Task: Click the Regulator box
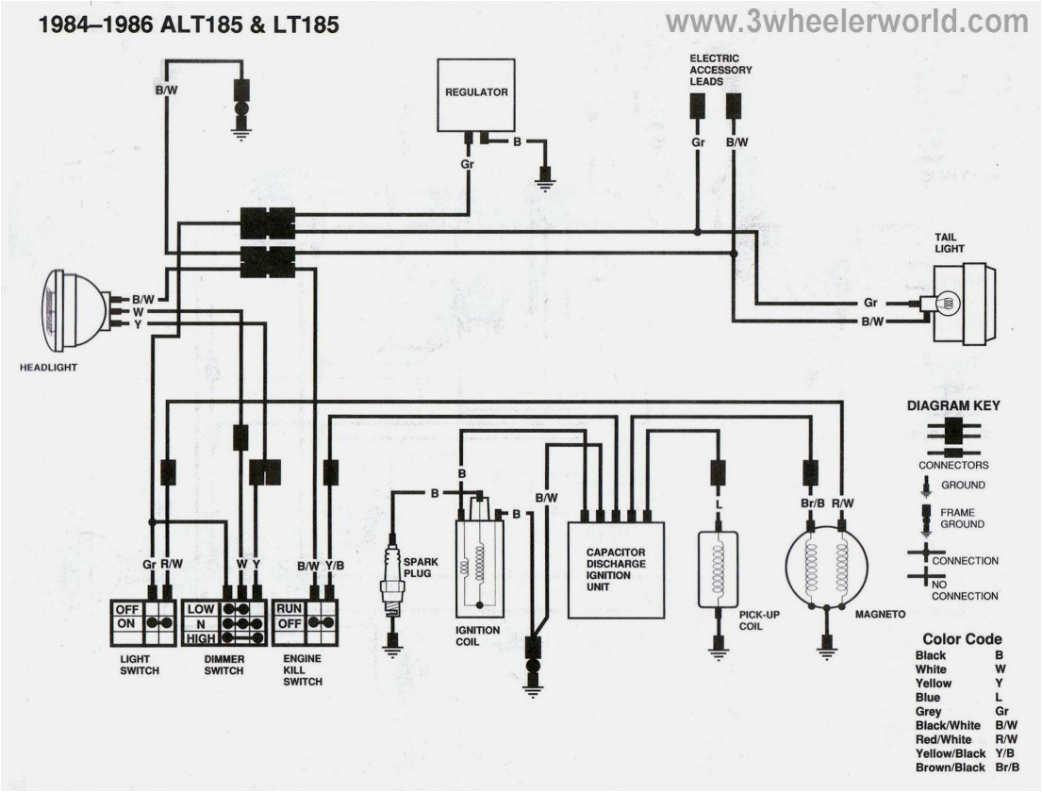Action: tap(475, 94)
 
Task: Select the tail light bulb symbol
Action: tap(948, 304)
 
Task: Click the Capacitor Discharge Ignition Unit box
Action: tap(616, 569)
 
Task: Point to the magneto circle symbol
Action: tap(826, 568)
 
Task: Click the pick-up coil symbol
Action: tap(717, 569)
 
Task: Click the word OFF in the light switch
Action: tap(126, 609)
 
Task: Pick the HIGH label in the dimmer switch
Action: tap(200, 638)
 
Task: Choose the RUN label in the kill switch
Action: tap(288, 609)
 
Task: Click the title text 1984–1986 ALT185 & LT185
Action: tap(188, 25)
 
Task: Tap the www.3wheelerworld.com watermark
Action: tap(846, 22)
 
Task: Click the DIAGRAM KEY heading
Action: tap(953, 406)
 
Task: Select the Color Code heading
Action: tap(962, 639)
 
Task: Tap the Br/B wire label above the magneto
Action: tap(810, 503)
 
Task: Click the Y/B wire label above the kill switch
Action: tap(335, 566)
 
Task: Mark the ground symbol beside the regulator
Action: tap(544, 179)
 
